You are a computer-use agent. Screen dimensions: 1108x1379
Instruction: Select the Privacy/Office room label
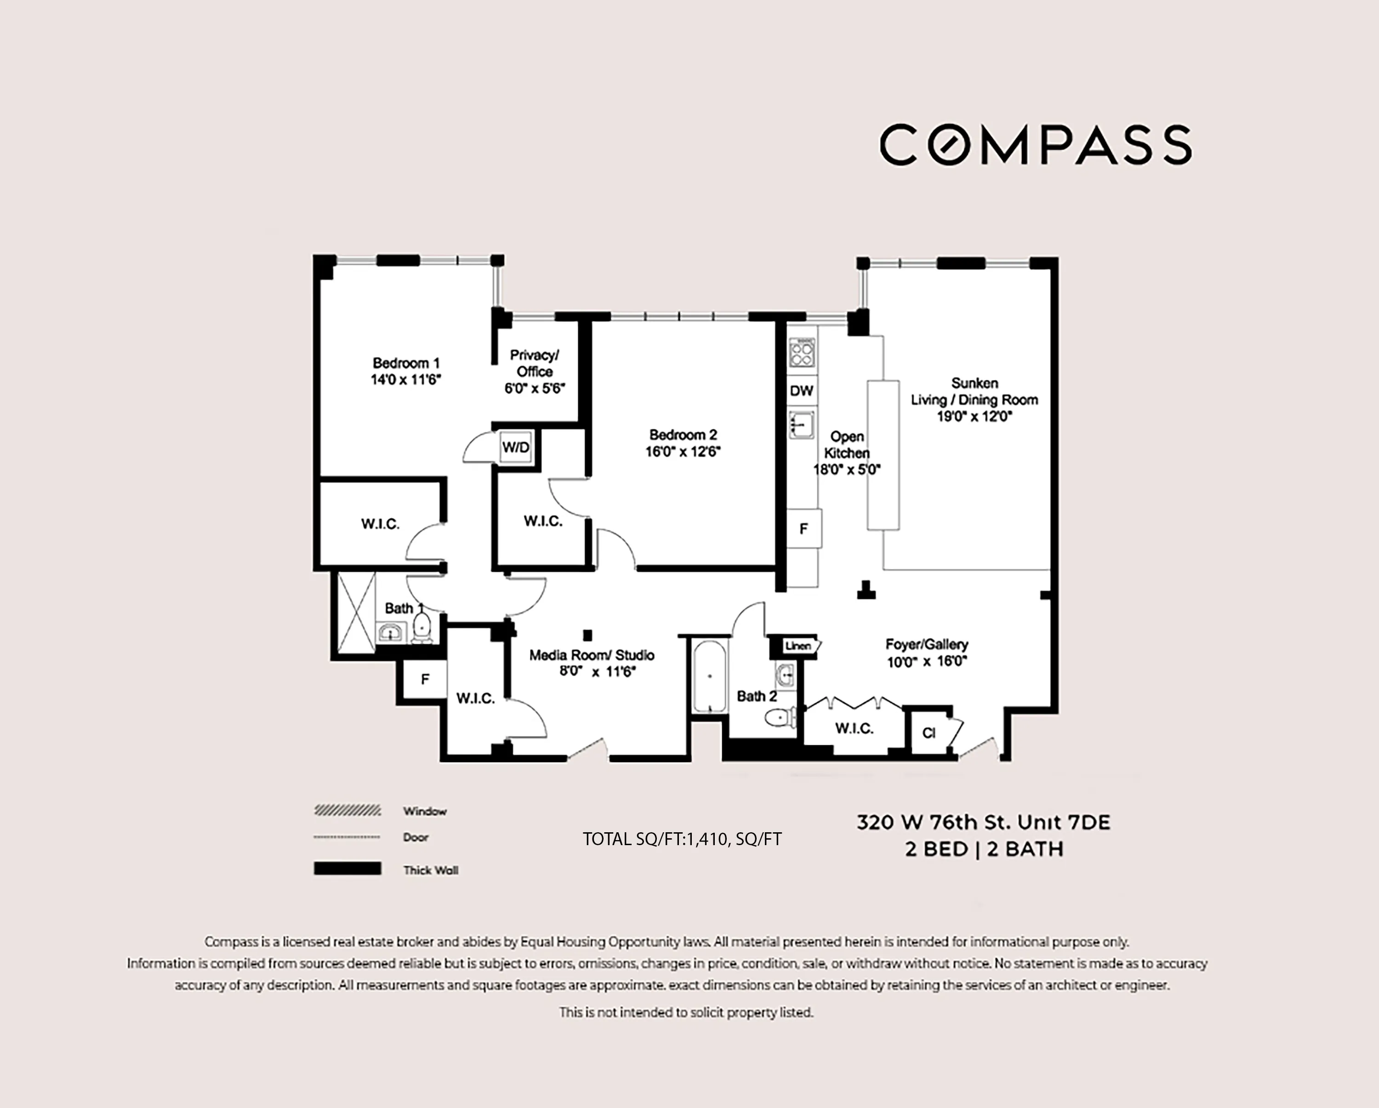534,363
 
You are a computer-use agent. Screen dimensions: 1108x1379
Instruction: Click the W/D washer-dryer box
516,447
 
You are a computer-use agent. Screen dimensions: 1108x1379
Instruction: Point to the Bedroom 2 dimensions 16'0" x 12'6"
683,451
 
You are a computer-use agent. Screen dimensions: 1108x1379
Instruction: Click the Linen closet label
798,646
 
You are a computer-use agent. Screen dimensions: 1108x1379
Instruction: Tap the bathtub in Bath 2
709,677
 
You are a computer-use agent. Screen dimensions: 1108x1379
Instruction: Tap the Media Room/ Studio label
592,655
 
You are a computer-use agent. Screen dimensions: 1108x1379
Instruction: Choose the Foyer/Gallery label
926,644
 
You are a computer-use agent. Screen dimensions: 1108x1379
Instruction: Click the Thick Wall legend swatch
348,868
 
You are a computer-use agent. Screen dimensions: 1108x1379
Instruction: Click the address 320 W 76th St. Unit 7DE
983,822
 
